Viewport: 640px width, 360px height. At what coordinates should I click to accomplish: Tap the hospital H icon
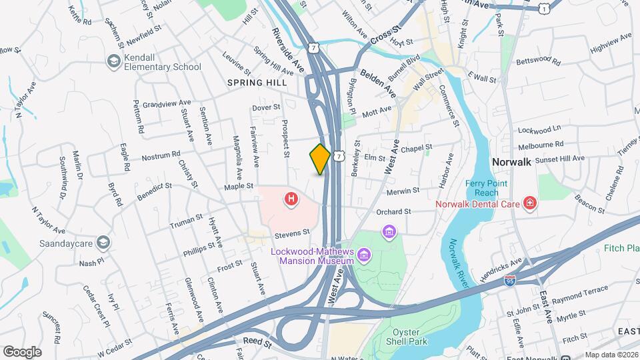pyautogui.click(x=291, y=199)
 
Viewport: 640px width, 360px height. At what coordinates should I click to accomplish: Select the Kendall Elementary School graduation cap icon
pyautogui.click(x=113, y=61)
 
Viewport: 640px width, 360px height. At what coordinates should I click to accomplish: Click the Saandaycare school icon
pyautogui.click(x=102, y=241)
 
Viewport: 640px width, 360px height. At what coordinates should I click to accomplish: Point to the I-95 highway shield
pyautogui.click(x=510, y=281)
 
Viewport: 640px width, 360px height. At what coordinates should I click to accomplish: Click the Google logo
pyautogui.click(x=22, y=351)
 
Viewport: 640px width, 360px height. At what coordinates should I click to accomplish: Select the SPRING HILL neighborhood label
pyautogui.click(x=257, y=83)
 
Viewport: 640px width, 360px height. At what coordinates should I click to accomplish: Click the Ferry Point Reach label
pyautogui.click(x=487, y=188)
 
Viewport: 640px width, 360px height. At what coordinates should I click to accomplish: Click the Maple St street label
pyautogui.click(x=239, y=186)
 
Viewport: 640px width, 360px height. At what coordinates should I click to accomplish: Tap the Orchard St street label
pyautogui.click(x=393, y=212)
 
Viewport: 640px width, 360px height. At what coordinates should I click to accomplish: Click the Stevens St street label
pyautogui.click(x=293, y=233)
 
